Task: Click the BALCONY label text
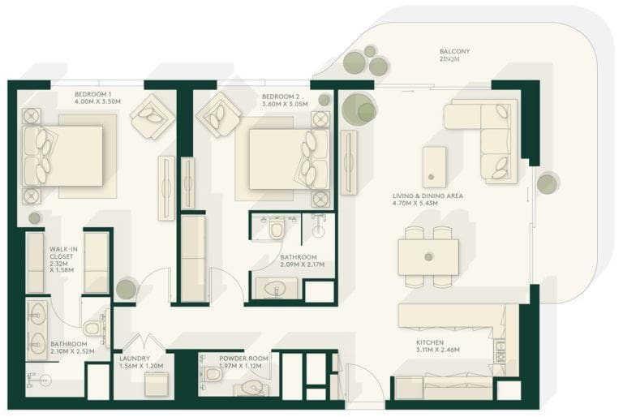454,51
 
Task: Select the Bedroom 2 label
280,95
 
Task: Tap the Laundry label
135,357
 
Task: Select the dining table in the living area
428,257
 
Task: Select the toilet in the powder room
213,375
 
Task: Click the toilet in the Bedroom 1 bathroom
92,328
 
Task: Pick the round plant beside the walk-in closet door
126,289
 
